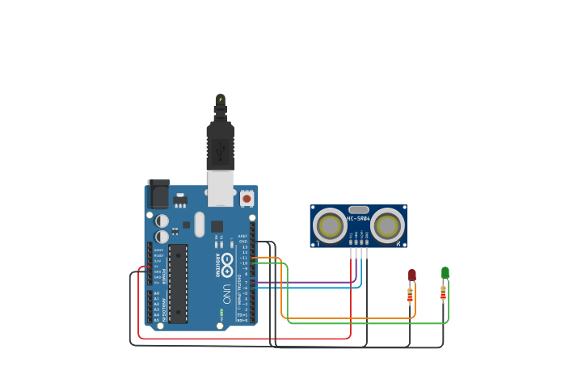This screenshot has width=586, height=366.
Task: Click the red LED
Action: click(x=412, y=276)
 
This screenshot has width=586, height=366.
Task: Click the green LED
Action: click(x=445, y=273)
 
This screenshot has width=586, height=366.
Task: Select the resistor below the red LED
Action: click(x=410, y=294)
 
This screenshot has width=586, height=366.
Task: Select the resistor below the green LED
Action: click(x=443, y=292)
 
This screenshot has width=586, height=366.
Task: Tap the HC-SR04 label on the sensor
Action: click(x=358, y=219)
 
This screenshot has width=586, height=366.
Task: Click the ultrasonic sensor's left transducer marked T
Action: click(x=330, y=225)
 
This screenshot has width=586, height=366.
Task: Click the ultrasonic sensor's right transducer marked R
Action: click(x=387, y=225)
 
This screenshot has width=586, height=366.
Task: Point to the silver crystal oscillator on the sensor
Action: click(x=358, y=209)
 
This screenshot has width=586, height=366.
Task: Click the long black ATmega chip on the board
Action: click(x=178, y=283)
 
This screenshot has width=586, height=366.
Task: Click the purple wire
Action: click(x=307, y=282)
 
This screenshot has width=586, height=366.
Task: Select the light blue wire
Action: click(x=307, y=288)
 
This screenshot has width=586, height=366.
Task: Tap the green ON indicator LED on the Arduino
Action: click(x=221, y=312)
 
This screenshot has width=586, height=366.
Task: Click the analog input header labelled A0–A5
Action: click(x=150, y=307)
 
